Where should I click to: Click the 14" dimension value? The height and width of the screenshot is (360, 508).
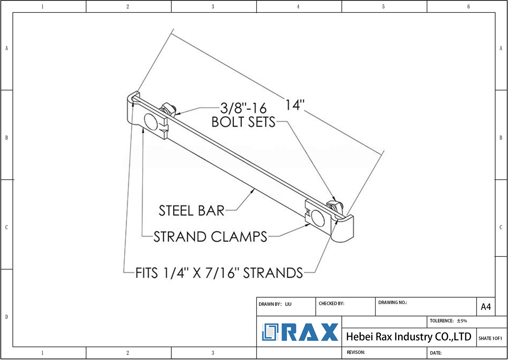[295, 105]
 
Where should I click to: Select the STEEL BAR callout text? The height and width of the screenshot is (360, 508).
[191, 211]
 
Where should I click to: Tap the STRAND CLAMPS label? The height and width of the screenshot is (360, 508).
[210, 237]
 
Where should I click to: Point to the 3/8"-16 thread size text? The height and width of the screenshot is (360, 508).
[243, 108]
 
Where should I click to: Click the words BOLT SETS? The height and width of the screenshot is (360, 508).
[243, 122]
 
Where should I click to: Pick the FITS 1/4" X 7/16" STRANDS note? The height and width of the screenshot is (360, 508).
[219, 273]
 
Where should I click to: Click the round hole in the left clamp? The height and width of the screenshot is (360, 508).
[151, 122]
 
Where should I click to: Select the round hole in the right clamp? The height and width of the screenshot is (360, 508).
[318, 218]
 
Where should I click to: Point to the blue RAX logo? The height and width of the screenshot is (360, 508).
[300, 332]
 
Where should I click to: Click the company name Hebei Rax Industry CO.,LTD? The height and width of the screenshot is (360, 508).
[408, 337]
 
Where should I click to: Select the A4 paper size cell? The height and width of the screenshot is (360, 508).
[486, 307]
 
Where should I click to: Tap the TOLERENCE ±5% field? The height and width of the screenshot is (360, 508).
[448, 321]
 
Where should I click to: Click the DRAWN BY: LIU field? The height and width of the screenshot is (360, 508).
[275, 304]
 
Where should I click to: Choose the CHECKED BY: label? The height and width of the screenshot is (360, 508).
[331, 303]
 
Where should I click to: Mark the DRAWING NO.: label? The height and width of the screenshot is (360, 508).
[392, 302]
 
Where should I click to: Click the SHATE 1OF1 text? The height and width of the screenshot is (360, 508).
[490, 338]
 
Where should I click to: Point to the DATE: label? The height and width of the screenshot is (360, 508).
[436, 353]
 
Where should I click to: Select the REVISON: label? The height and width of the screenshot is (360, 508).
[356, 352]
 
